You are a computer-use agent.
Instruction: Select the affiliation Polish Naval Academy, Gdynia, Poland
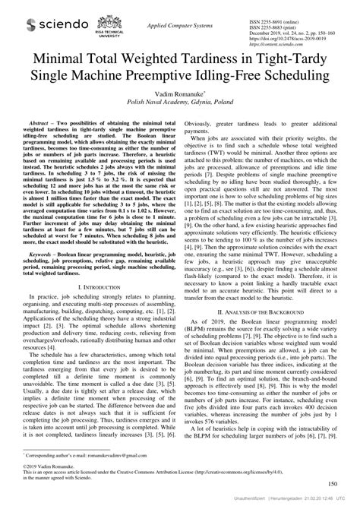pos(180,99)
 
